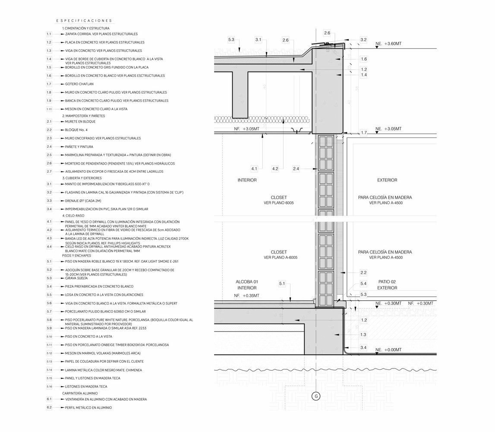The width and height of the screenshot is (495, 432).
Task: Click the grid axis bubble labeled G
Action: (x=316, y=396)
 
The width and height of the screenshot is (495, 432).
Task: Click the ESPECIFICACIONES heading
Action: (x=84, y=21)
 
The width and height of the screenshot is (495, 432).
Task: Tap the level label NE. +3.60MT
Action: (x=389, y=44)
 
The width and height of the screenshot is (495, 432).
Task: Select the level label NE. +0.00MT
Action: (x=389, y=349)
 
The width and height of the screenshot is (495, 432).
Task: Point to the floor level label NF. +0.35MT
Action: (x=247, y=296)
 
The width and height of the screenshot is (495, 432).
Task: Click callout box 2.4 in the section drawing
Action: (x=296, y=168)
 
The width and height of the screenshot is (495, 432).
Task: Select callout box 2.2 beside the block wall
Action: (x=363, y=273)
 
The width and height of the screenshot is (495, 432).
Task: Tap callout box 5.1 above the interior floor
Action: (x=282, y=284)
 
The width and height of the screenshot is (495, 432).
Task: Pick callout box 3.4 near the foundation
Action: (x=363, y=348)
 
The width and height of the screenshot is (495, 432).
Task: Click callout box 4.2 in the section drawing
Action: (x=275, y=168)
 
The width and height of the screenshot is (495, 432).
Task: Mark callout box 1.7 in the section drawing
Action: (x=363, y=133)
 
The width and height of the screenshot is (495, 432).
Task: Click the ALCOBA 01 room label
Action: (x=247, y=282)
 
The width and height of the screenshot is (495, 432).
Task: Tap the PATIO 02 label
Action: (x=387, y=282)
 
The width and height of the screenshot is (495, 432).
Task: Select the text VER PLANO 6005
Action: (x=279, y=203)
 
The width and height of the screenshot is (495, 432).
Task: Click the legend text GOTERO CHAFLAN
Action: (x=79, y=84)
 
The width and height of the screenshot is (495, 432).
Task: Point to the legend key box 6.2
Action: (x=49, y=407)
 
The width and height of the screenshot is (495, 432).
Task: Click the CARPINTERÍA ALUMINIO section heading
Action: (x=80, y=394)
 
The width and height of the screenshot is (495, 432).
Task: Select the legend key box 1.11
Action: (x=49, y=109)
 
